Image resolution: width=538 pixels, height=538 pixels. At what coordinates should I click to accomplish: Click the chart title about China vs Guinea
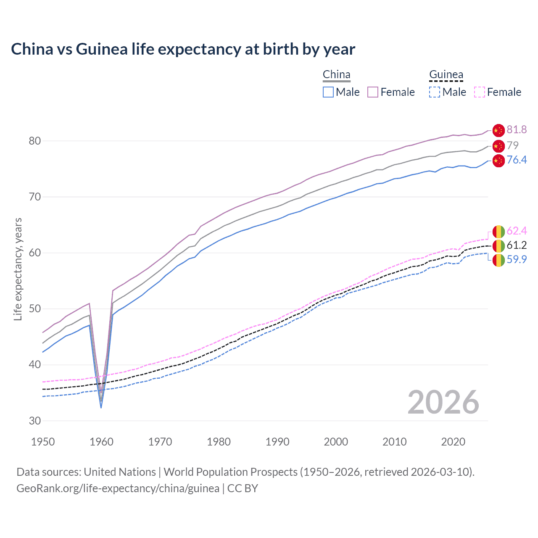click(183, 49)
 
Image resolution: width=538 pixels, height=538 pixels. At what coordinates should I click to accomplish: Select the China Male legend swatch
click(328, 92)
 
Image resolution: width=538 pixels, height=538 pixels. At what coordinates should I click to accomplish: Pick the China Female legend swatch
click(373, 92)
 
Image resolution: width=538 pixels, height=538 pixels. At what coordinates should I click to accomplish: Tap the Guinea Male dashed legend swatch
click(435, 92)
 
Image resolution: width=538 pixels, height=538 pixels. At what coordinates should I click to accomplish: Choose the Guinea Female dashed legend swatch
click(480, 92)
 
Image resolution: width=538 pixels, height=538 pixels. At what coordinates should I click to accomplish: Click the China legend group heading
click(336, 75)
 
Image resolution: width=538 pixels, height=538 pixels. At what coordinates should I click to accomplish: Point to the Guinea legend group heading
click(446, 75)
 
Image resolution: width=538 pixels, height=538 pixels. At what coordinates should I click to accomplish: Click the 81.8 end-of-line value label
click(517, 130)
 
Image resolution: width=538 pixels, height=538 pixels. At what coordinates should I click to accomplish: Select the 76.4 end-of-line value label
click(517, 160)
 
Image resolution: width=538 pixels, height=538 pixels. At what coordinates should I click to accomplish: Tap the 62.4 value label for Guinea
click(517, 231)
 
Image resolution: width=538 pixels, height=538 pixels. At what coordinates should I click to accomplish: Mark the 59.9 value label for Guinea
click(517, 260)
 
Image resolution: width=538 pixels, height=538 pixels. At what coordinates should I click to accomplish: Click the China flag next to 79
click(498, 146)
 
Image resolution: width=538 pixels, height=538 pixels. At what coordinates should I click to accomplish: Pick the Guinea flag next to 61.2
click(498, 246)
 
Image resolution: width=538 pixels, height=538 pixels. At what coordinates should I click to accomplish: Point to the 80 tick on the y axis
click(35, 141)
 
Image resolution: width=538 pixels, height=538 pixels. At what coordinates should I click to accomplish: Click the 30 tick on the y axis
click(35, 421)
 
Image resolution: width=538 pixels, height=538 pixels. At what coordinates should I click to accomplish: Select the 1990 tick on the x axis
click(277, 442)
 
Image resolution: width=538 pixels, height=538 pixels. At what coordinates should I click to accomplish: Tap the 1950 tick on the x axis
click(43, 442)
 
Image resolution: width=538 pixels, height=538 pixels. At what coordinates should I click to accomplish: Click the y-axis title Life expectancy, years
click(18, 269)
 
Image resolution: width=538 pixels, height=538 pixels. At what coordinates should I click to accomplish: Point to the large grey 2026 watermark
click(443, 402)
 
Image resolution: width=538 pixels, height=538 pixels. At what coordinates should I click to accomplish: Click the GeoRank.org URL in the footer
click(118, 488)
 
